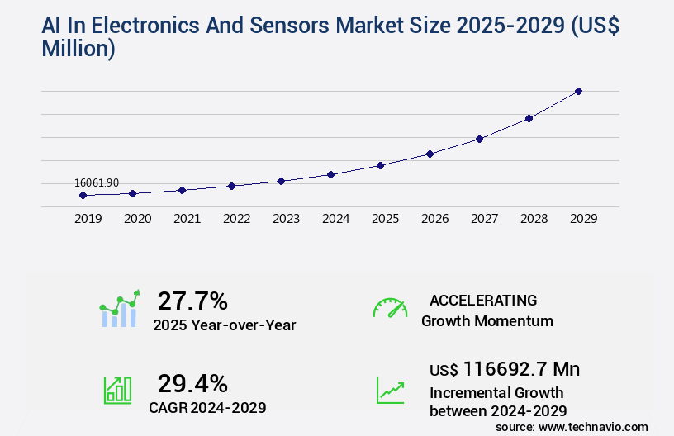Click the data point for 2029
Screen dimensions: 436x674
pos(578,91)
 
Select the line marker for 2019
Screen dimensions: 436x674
pos(83,196)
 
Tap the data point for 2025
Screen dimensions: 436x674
pos(380,165)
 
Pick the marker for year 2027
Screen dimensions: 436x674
pos(479,139)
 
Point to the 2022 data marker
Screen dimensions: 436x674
pos(231,186)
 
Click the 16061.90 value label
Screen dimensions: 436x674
pos(97,182)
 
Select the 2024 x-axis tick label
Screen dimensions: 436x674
pos(335,219)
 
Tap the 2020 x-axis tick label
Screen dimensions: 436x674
pos(137,219)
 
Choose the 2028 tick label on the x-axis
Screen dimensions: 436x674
pos(534,219)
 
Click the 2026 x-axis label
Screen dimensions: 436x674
pos(434,219)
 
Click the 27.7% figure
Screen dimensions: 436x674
pos(192,301)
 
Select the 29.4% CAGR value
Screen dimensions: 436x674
pos(192,383)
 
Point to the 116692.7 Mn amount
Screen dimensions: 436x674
pos(521,369)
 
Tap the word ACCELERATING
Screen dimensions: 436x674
pos(483,301)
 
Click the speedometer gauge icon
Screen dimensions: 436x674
pos(390,308)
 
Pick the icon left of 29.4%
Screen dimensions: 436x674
pos(117,390)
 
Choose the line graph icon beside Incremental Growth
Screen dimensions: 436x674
pos(390,390)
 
